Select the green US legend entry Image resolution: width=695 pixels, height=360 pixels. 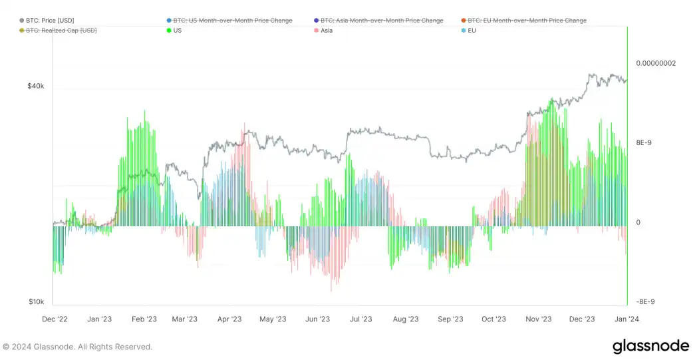tap(177, 31)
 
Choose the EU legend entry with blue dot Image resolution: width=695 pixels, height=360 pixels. tap(472, 31)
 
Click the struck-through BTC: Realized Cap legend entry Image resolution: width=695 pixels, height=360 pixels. tap(61, 31)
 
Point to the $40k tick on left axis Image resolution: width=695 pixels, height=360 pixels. tap(36, 86)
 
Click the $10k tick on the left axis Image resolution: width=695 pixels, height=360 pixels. tap(36, 302)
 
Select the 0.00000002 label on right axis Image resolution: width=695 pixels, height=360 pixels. tap(656, 63)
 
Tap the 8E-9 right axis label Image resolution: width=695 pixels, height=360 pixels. tap(644, 142)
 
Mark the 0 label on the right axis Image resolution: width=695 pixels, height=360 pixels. tap(638, 222)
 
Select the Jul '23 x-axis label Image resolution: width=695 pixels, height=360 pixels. tap(360, 319)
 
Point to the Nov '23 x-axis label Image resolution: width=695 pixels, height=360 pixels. tap(538, 319)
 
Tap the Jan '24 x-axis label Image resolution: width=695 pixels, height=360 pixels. tap(625, 319)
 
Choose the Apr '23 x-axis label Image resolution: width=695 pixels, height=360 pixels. tap(229, 319)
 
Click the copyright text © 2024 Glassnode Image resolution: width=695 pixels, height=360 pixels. tap(77, 347)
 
